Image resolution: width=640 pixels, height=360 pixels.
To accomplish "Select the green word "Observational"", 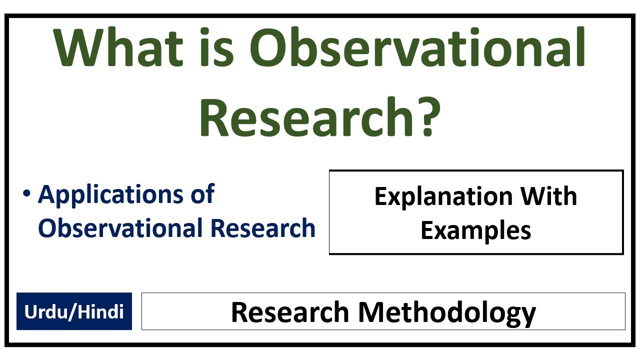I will (417, 48).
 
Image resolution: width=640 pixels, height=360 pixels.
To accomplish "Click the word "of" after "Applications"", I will (202, 194).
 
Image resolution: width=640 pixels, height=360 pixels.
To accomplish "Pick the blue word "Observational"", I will (120, 227).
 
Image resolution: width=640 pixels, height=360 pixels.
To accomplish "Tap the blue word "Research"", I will (263, 227).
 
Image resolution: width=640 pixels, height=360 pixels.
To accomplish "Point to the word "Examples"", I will (475, 230).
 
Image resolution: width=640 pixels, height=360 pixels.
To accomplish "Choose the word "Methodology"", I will (446, 312).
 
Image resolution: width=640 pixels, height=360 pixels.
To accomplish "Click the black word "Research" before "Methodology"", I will (290, 312).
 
